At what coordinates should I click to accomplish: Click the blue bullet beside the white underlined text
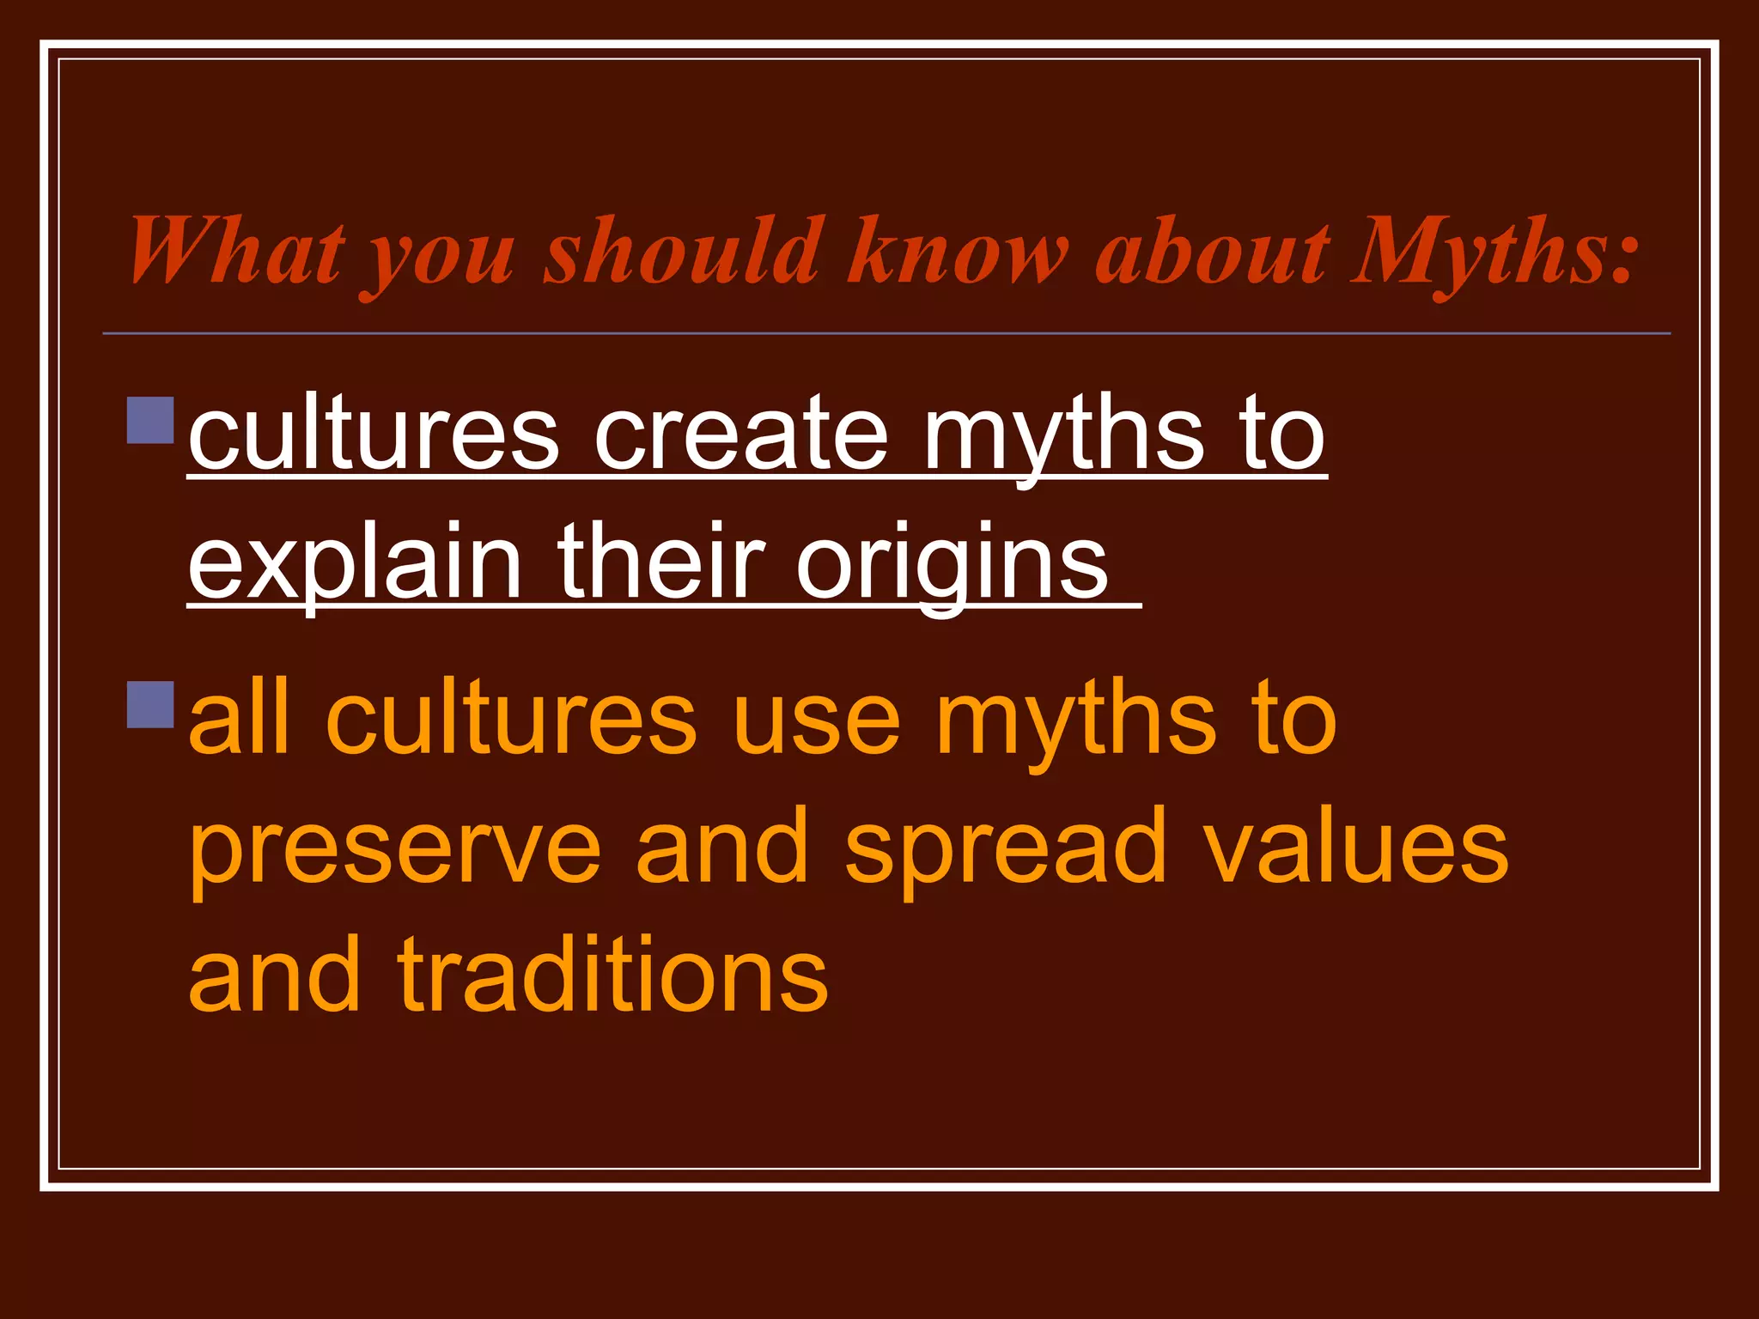click(x=150, y=420)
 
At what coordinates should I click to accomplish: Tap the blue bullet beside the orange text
click(x=150, y=704)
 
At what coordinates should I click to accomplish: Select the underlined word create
click(x=741, y=434)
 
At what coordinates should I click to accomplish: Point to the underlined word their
click(x=660, y=562)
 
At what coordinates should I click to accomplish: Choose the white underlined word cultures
click(x=374, y=434)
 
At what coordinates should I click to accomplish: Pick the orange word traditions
click(x=613, y=975)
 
